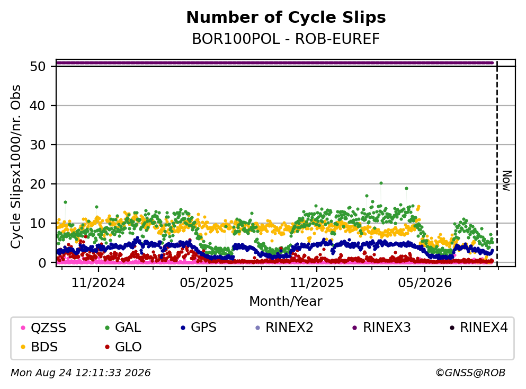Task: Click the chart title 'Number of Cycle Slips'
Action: tap(286, 17)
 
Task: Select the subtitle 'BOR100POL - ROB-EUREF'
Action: tap(286, 39)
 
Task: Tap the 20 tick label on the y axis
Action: tap(38, 184)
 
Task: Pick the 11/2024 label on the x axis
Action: tap(98, 283)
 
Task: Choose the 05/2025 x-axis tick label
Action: tap(206, 283)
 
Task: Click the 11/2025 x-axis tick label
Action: tap(317, 283)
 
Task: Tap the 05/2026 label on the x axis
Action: tap(425, 283)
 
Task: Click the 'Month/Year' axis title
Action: tap(286, 302)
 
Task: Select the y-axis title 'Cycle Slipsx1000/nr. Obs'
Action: tap(16, 167)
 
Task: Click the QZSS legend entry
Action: tap(43, 328)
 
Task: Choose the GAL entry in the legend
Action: tap(123, 328)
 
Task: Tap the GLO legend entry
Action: tap(123, 347)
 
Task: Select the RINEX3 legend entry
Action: tap(382, 328)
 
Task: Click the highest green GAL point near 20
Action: tap(381, 183)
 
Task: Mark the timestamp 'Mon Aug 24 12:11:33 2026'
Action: tap(81, 373)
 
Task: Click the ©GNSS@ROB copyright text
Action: tap(470, 373)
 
